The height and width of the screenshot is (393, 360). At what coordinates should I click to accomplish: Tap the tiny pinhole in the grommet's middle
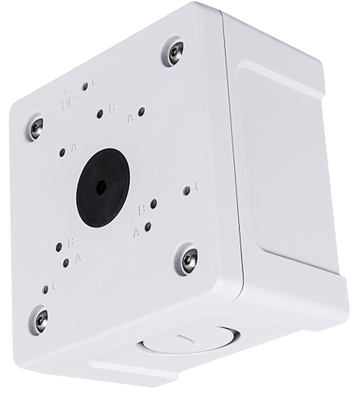coord(101,186)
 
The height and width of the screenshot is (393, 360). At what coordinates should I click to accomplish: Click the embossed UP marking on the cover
coord(71,105)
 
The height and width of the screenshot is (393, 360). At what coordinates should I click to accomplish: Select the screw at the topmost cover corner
coord(172,52)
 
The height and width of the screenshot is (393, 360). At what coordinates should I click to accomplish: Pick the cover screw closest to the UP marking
coord(35,127)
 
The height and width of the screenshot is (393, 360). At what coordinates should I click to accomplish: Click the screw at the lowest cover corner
coord(38,318)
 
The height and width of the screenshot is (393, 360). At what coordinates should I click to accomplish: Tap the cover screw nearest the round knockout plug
coord(187,260)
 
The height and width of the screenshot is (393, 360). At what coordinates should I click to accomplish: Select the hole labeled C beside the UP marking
coord(85,85)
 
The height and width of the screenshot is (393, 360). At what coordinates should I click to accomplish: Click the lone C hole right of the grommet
coord(187,189)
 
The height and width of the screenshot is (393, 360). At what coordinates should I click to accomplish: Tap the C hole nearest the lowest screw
coord(44,289)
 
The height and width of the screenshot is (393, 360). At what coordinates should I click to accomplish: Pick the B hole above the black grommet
coord(100,114)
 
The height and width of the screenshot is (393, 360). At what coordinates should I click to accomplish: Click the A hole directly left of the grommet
coord(62,152)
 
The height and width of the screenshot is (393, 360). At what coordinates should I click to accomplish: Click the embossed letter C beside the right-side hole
coord(198,187)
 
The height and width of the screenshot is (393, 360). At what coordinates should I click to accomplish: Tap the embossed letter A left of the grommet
coord(74,147)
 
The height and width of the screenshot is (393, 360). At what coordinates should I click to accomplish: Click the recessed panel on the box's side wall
coord(286,164)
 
